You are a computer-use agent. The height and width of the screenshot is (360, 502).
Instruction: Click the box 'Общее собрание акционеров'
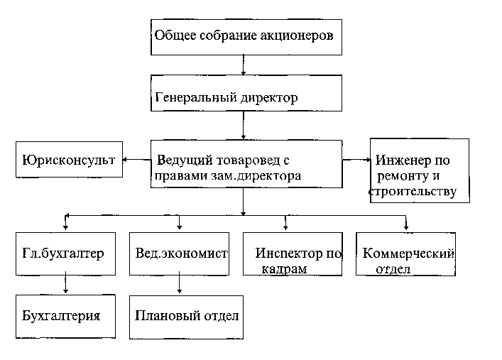[246, 36]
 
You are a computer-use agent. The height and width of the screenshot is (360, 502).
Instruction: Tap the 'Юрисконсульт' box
[68, 160]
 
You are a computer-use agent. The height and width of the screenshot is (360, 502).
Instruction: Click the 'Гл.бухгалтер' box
[65, 253]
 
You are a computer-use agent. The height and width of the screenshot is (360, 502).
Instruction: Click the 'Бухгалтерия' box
[65, 316]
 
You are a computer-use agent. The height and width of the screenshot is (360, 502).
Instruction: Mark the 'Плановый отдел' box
[186, 316]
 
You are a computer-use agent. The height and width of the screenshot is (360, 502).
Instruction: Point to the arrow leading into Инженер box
[356, 160]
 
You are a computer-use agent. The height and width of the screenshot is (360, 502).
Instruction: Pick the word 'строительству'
[412, 192]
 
